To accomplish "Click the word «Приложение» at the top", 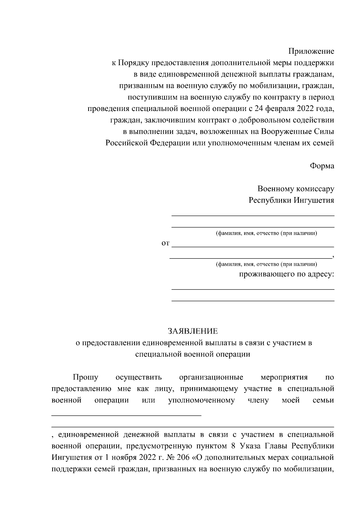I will [x=311, y=51].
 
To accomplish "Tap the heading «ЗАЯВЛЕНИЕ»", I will [x=193, y=331].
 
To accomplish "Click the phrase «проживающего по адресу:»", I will [x=286, y=274].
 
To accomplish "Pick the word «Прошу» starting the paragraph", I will [x=85, y=377].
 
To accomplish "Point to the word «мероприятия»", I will [x=284, y=377].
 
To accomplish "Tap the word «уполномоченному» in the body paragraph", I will [x=201, y=400].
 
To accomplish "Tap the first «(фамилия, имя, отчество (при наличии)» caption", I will [x=266, y=234].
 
